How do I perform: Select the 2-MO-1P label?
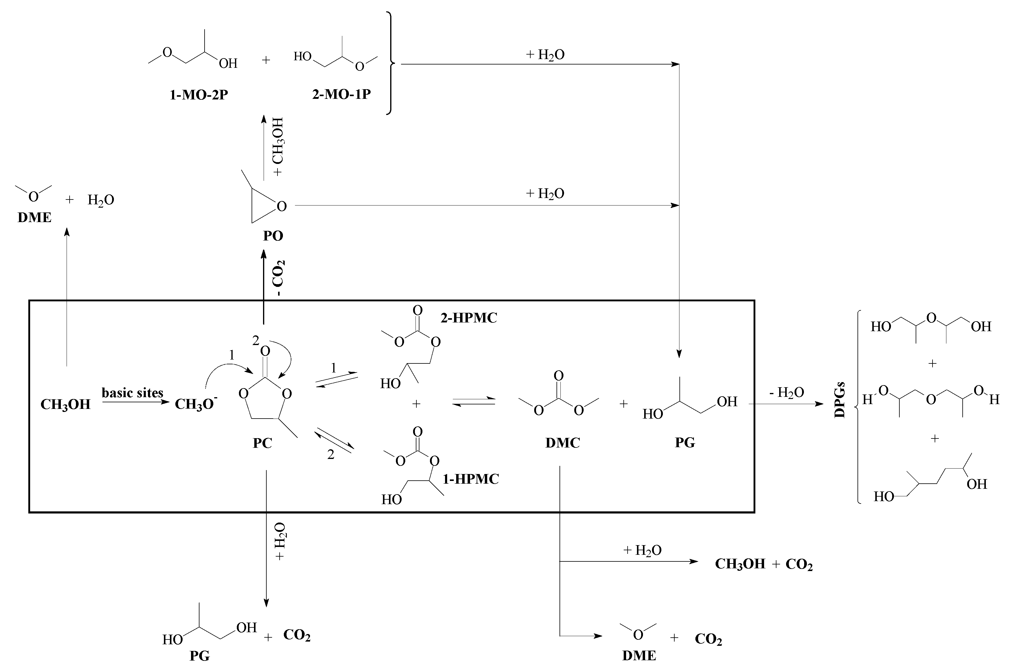341,94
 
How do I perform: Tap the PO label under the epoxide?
273,236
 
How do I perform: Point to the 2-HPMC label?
469,318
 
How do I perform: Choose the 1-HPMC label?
471,479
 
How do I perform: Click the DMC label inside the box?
562,443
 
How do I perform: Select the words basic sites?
132,393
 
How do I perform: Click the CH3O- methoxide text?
196,404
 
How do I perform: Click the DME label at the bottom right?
639,656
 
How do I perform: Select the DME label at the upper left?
34,218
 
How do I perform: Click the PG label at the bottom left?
200,656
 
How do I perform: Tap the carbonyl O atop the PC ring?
265,351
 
